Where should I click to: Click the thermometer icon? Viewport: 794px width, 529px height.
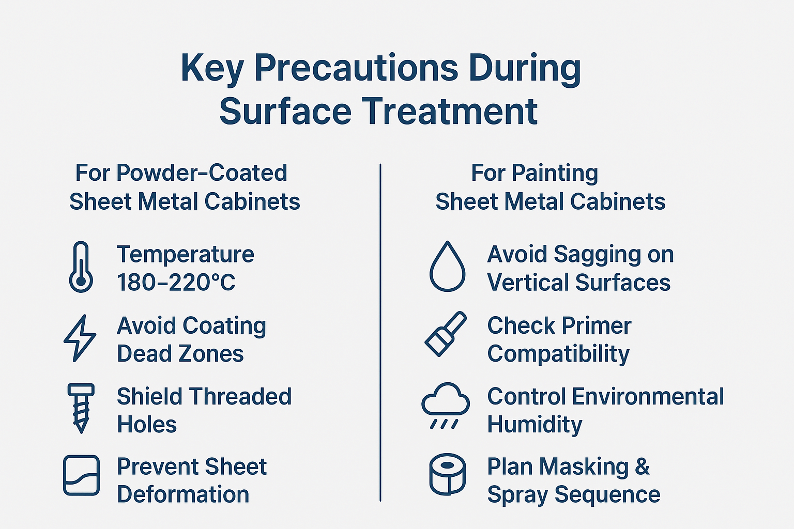[x=81, y=267]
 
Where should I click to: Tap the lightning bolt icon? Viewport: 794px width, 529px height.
[x=80, y=338]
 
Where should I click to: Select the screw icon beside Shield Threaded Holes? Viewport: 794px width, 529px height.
[x=81, y=408]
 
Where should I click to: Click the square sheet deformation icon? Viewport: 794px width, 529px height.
[x=81, y=475]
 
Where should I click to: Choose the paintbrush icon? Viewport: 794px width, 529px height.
[x=445, y=334]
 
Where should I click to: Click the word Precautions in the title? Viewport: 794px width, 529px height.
[x=356, y=68]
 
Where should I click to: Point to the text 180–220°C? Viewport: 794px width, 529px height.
[x=176, y=283]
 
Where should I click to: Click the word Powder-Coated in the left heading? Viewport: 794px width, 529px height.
[x=202, y=173]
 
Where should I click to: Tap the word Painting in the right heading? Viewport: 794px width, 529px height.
[x=555, y=173]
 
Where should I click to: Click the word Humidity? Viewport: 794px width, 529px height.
[x=535, y=425]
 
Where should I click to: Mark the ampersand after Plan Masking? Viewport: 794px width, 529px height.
[x=642, y=466]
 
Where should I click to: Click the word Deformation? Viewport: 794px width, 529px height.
[x=183, y=494]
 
